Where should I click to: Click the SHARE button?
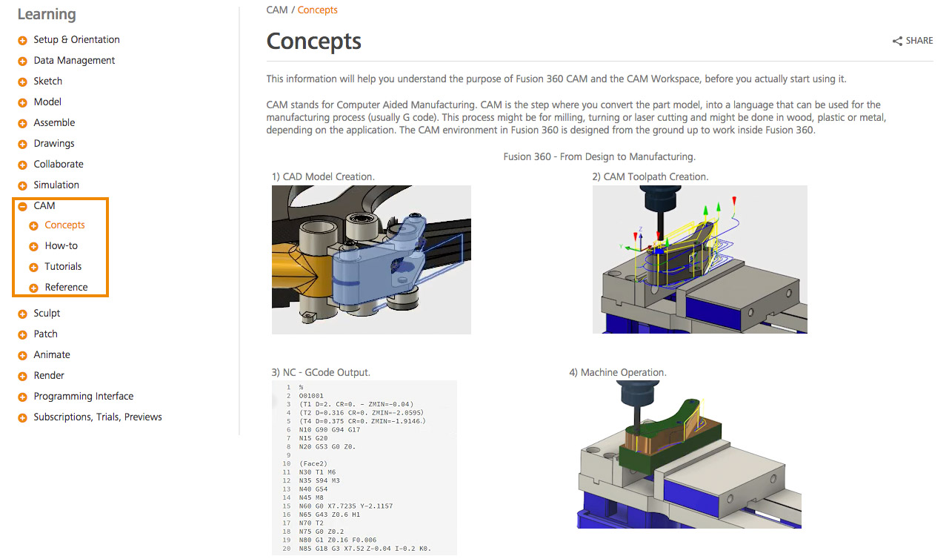tap(913, 41)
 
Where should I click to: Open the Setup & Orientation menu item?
tap(76, 40)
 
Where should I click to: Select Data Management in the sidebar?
tap(74, 61)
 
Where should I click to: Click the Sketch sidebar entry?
tap(47, 82)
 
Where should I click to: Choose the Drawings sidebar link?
tap(54, 144)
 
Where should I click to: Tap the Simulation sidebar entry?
tap(56, 185)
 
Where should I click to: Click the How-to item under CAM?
tap(61, 246)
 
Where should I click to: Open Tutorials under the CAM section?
tap(63, 267)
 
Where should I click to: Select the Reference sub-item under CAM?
tap(66, 288)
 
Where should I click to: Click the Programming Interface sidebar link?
tap(83, 397)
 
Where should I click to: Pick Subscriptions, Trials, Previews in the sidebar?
tap(97, 417)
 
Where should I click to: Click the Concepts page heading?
tap(313, 41)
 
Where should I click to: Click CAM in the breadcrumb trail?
tap(277, 10)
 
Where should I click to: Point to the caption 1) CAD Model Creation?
tap(323, 177)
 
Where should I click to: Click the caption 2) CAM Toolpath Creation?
tap(650, 177)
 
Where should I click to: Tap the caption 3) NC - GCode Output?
tap(321, 373)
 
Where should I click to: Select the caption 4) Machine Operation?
tap(617, 373)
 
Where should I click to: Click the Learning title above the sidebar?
tap(47, 14)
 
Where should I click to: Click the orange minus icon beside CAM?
tap(23, 207)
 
